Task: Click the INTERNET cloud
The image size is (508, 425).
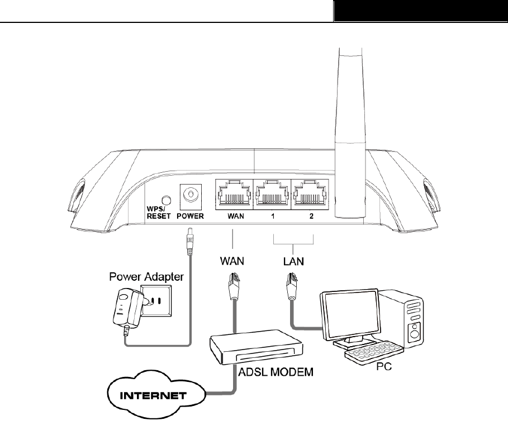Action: click(155, 394)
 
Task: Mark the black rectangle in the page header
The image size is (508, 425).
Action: click(421, 11)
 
